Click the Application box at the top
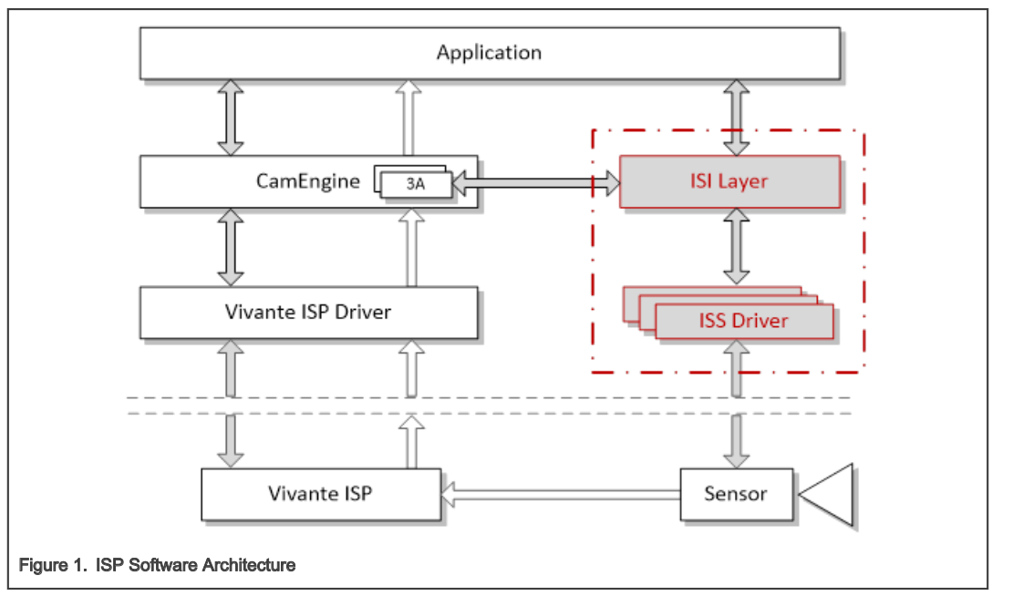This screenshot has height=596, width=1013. pyautogui.click(x=489, y=53)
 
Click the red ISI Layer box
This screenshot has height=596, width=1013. pyautogui.click(x=729, y=181)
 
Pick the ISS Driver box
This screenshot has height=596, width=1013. pyautogui.click(x=743, y=321)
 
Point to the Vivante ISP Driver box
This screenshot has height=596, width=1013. pyautogui.click(x=308, y=312)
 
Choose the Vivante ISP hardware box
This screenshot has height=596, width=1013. pyautogui.click(x=320, y=494)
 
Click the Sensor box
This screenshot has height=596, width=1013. pyautogui.click(x=736, y=494)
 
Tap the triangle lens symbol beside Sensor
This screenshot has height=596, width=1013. pyautogui.click(x=831, y=495)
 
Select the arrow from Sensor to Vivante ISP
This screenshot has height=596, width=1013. pyautogui.click(x=561, y=495)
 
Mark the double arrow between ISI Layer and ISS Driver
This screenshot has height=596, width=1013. pyautogui.click(x=736, y=248)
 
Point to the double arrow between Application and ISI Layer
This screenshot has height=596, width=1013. pyautogui.click(x=736, y=117)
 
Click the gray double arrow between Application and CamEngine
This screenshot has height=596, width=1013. pyautogui.click(x=231, y=117)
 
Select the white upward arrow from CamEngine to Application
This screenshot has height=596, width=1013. pyautogui.click(x=409, y=117)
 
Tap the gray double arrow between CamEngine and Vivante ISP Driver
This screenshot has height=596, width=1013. pyautogui.click(x=231, y=247)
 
